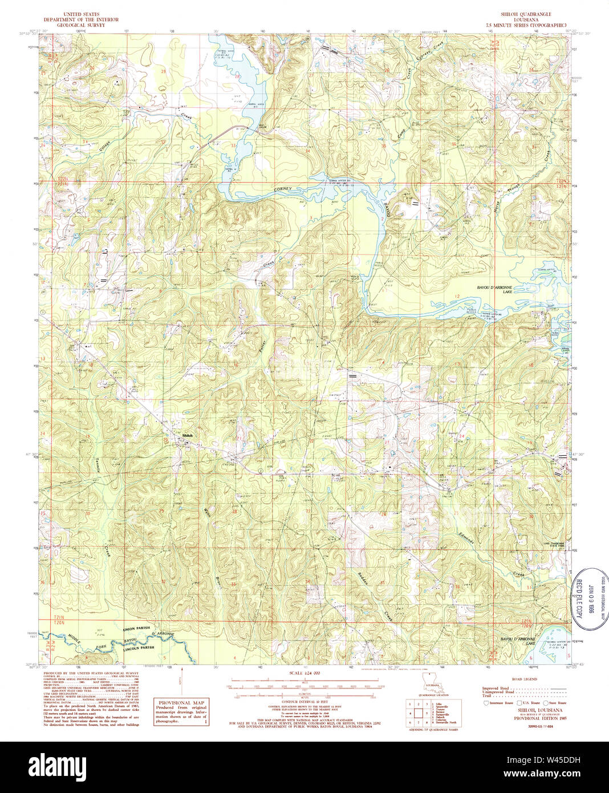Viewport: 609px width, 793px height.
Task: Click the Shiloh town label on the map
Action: click(x=188, y=436)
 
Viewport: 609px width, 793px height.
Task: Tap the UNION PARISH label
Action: click(x=136, y=628)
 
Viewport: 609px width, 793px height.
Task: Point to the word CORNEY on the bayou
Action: click(x=282, y=189)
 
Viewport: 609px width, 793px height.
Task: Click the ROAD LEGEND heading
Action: click(x=524, y=679)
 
